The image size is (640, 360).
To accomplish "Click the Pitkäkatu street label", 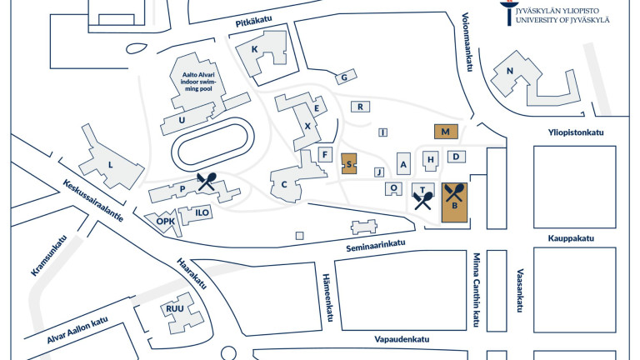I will (256, 24).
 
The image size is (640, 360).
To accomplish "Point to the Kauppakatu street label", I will (571, 238).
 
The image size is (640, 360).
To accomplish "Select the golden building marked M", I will (446, 132).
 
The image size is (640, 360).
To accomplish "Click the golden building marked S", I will (349, 163).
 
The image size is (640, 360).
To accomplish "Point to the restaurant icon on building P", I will (207, 182).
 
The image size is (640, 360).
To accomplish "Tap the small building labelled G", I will (342, 77).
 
